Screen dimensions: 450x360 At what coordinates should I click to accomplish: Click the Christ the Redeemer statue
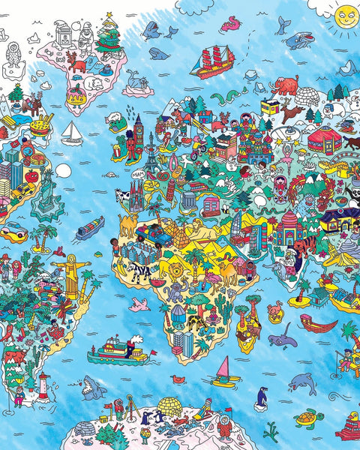(x=73, y=271)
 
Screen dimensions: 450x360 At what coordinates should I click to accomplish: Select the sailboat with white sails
(x=72, y=133)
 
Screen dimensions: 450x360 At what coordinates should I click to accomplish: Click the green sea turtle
(x=307, y=417)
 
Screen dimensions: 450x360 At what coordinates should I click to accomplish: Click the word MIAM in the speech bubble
(x=136, y=175)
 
